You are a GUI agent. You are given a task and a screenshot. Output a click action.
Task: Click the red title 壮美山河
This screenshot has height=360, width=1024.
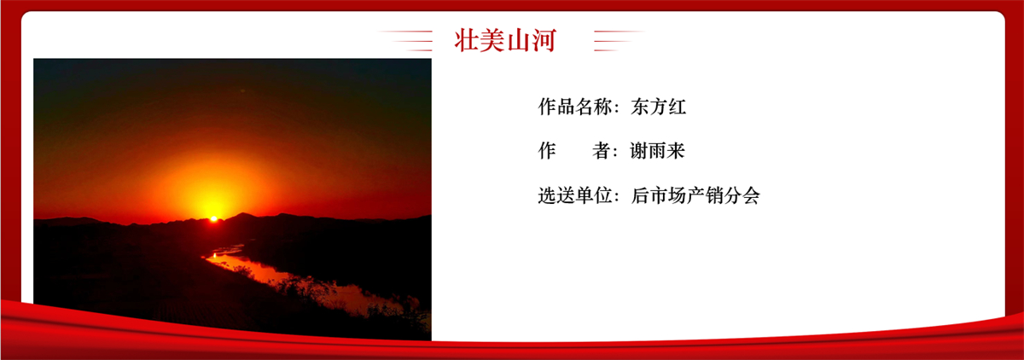[x=505, y=40]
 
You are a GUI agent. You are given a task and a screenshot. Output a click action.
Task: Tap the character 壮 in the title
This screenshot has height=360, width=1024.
[x=467, y=40]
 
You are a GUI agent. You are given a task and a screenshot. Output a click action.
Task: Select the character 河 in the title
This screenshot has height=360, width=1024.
[x=544, y=40]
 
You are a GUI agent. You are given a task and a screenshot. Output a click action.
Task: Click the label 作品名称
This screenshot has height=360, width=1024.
[x=575, y=107]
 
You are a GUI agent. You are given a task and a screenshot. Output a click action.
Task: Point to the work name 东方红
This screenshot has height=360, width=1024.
[x=658, y=107]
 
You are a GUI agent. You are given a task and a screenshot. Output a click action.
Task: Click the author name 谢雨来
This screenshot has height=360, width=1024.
[x=657, y=151]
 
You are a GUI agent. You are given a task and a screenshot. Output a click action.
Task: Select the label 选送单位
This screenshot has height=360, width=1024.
[x=575, y=195]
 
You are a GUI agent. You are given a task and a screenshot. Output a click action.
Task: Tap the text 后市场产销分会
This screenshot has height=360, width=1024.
[x=695, y=195]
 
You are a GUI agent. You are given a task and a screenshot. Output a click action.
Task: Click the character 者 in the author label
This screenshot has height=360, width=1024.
[x=602, y=151]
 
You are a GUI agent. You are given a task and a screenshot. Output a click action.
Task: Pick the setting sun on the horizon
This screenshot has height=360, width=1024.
[x=213, y=219]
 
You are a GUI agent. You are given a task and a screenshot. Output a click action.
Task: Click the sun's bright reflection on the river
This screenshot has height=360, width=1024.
[x=214, y=255]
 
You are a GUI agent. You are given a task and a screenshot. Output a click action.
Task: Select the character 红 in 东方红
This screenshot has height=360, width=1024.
[x=677, y=107]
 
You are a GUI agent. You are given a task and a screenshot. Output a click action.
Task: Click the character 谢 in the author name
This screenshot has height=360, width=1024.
[x=639, y=151]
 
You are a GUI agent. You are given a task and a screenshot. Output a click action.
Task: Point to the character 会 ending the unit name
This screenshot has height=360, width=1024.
[x=751, y=195]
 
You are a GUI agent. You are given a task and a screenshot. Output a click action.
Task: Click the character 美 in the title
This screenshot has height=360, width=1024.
[x=492, y=40]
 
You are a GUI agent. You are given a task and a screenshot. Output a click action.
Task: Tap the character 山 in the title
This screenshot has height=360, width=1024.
[x=518, y=40]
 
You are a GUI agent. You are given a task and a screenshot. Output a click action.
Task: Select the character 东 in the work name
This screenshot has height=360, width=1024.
[x=640, y=107]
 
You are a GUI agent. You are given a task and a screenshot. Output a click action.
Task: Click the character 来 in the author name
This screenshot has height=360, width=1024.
[x=676, y=151]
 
